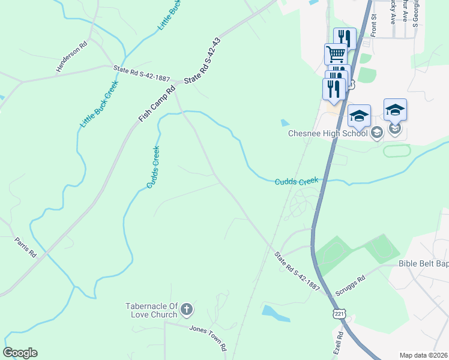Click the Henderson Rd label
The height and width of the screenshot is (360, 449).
(72, 58)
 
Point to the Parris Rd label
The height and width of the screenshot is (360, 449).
(26, 247)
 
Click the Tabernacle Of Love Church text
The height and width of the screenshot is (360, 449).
(151, 310)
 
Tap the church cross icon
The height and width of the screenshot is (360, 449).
(187, 310)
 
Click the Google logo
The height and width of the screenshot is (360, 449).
(20, 353)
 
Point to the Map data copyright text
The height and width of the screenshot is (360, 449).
(423, 355)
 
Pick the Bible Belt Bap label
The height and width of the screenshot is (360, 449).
(424, 263)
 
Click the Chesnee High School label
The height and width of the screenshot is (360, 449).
(328, 133)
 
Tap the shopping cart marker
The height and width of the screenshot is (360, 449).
(336, 54)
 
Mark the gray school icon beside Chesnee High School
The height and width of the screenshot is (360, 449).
(376, 133)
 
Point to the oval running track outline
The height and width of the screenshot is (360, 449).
(397, 150)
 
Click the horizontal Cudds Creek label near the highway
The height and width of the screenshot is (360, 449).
(300, 181)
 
